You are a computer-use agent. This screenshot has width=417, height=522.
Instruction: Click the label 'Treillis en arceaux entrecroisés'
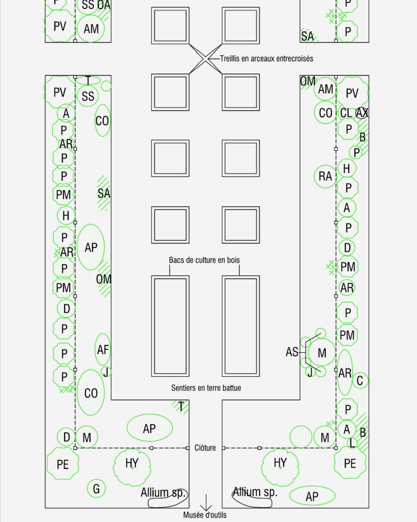[266, 59]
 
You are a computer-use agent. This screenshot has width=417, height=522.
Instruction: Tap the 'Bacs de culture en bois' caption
[204, 260]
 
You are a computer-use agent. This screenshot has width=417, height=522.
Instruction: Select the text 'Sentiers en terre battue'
[206, 388]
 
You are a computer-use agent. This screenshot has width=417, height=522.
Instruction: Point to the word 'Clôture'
[205, 448]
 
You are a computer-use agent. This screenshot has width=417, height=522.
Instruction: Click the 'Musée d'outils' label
[205, 515]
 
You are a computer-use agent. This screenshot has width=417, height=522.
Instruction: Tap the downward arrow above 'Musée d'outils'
[206, 502]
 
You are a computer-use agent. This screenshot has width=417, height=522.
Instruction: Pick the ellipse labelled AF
[102, 350]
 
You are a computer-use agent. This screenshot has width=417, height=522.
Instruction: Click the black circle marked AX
[362, 113]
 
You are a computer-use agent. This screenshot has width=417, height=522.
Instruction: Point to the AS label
[292, 352]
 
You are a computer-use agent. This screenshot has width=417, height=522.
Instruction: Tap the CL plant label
[346, 113]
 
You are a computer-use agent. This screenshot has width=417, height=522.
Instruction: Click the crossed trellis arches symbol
[206, 59]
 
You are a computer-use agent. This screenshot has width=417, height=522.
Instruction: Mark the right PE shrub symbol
[350, 463]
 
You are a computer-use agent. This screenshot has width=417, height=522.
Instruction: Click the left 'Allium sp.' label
[163, 493]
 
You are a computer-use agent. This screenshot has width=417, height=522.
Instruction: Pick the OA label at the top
[104, 5]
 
